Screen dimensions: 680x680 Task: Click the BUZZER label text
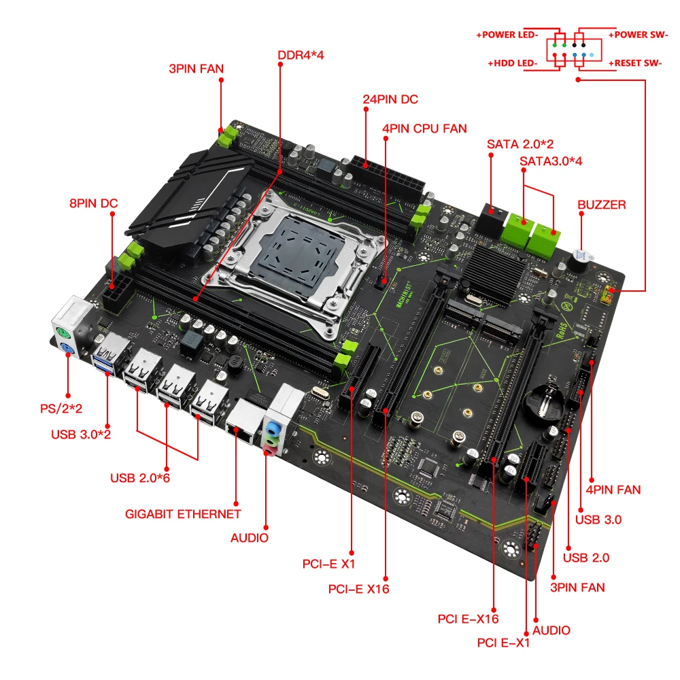pos(602,204)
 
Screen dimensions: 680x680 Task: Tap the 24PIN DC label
pos(390,99)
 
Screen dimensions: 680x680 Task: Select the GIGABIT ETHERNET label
pos(183,514)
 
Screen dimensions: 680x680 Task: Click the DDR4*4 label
pos(301,55)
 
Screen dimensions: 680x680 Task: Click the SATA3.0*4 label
pos(551,162)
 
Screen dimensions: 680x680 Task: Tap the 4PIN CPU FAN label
pos(424,128)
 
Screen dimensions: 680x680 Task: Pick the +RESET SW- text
pos(635,64)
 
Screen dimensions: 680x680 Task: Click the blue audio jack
pos(271,430)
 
